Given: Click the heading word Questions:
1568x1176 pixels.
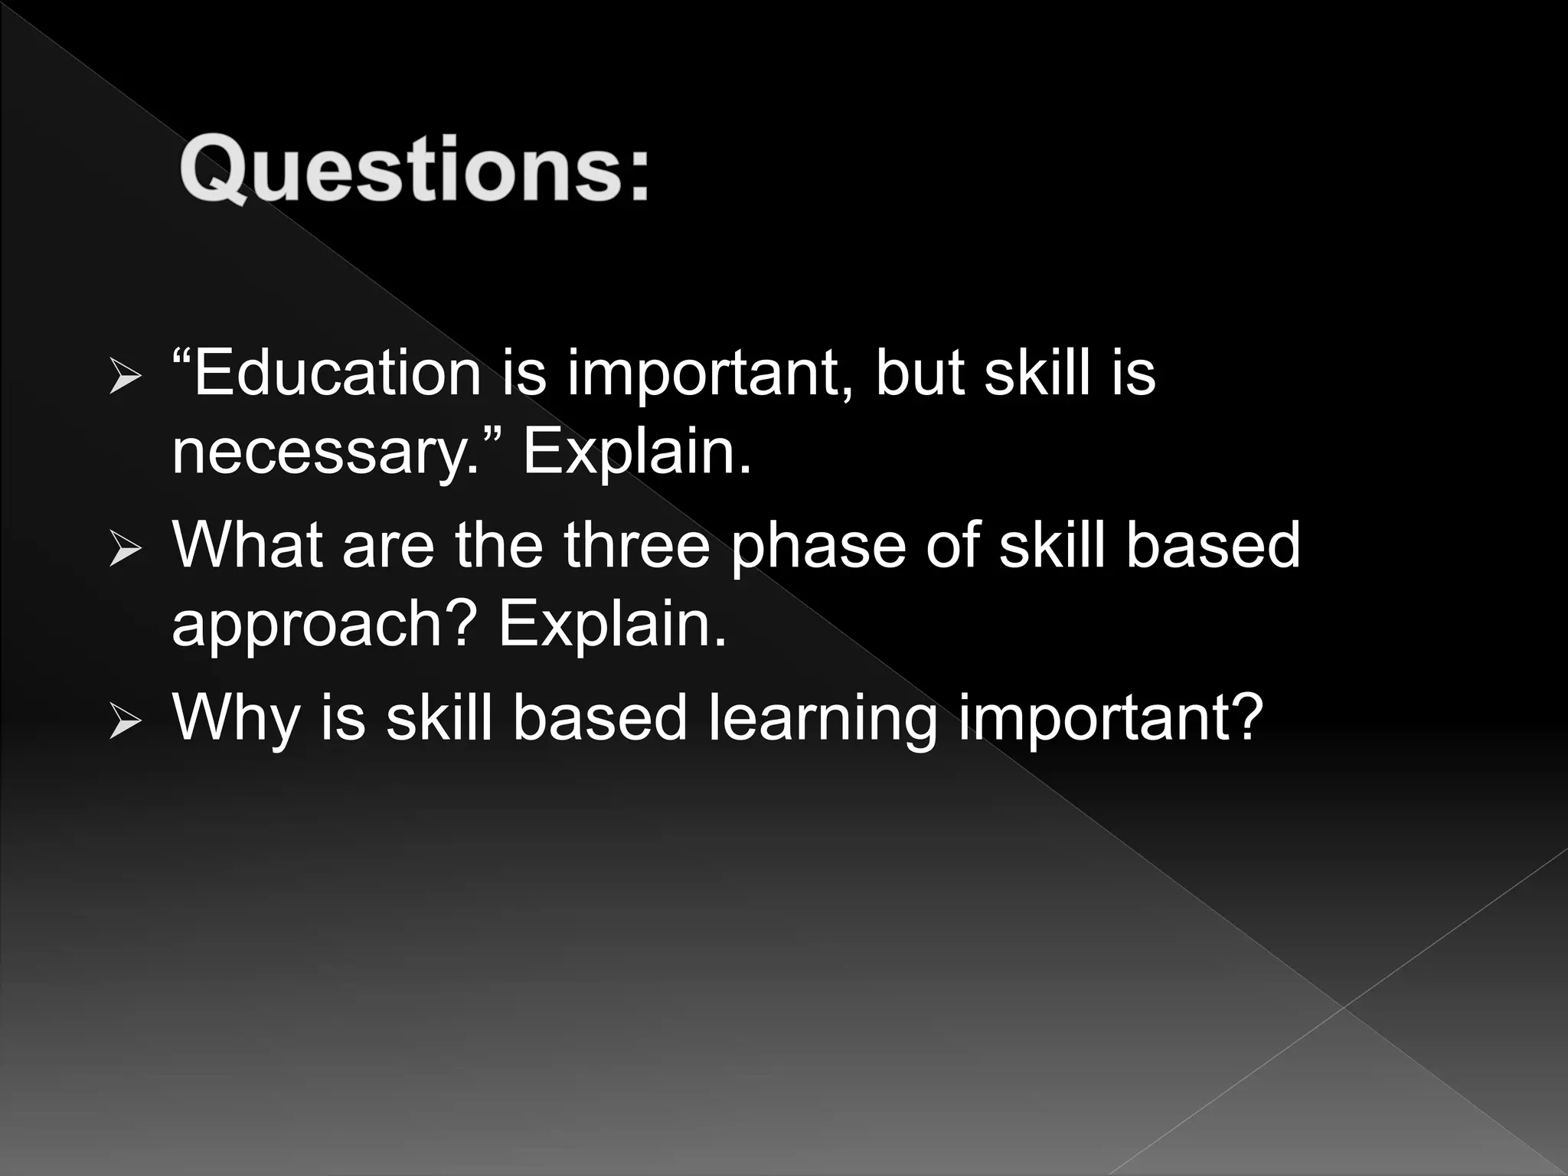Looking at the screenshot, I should pyautogui.click(x=414, y=169).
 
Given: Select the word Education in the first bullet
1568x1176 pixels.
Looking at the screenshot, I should pyautogui.click(x=337, y=373).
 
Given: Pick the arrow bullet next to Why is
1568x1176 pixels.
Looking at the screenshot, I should pyautogui.click(x=124, y=721).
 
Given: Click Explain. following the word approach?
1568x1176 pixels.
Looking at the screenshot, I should pyautogui.click(x=612, y=623).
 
